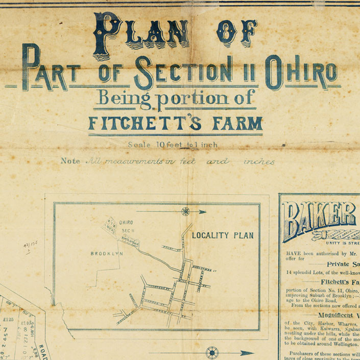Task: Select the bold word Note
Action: coord(70,161)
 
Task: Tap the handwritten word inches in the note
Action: coord(259,162)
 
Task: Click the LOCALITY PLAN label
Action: coord(223,235)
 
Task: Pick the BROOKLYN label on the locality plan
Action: coord(107,253)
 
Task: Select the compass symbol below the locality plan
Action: coord(211,352)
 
